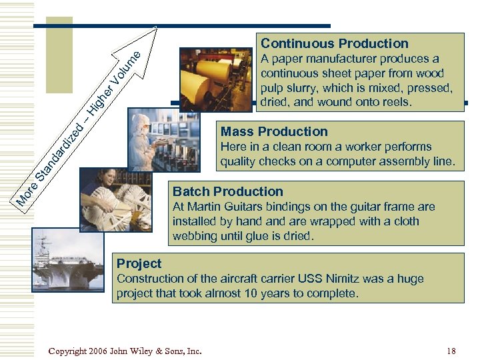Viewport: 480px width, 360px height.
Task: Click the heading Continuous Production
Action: tap(334, 44)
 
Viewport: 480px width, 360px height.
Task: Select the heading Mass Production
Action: tap(274, 131)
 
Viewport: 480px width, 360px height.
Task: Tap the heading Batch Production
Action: tap(228, 191)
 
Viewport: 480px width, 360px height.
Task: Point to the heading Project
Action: tap(139, 263)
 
